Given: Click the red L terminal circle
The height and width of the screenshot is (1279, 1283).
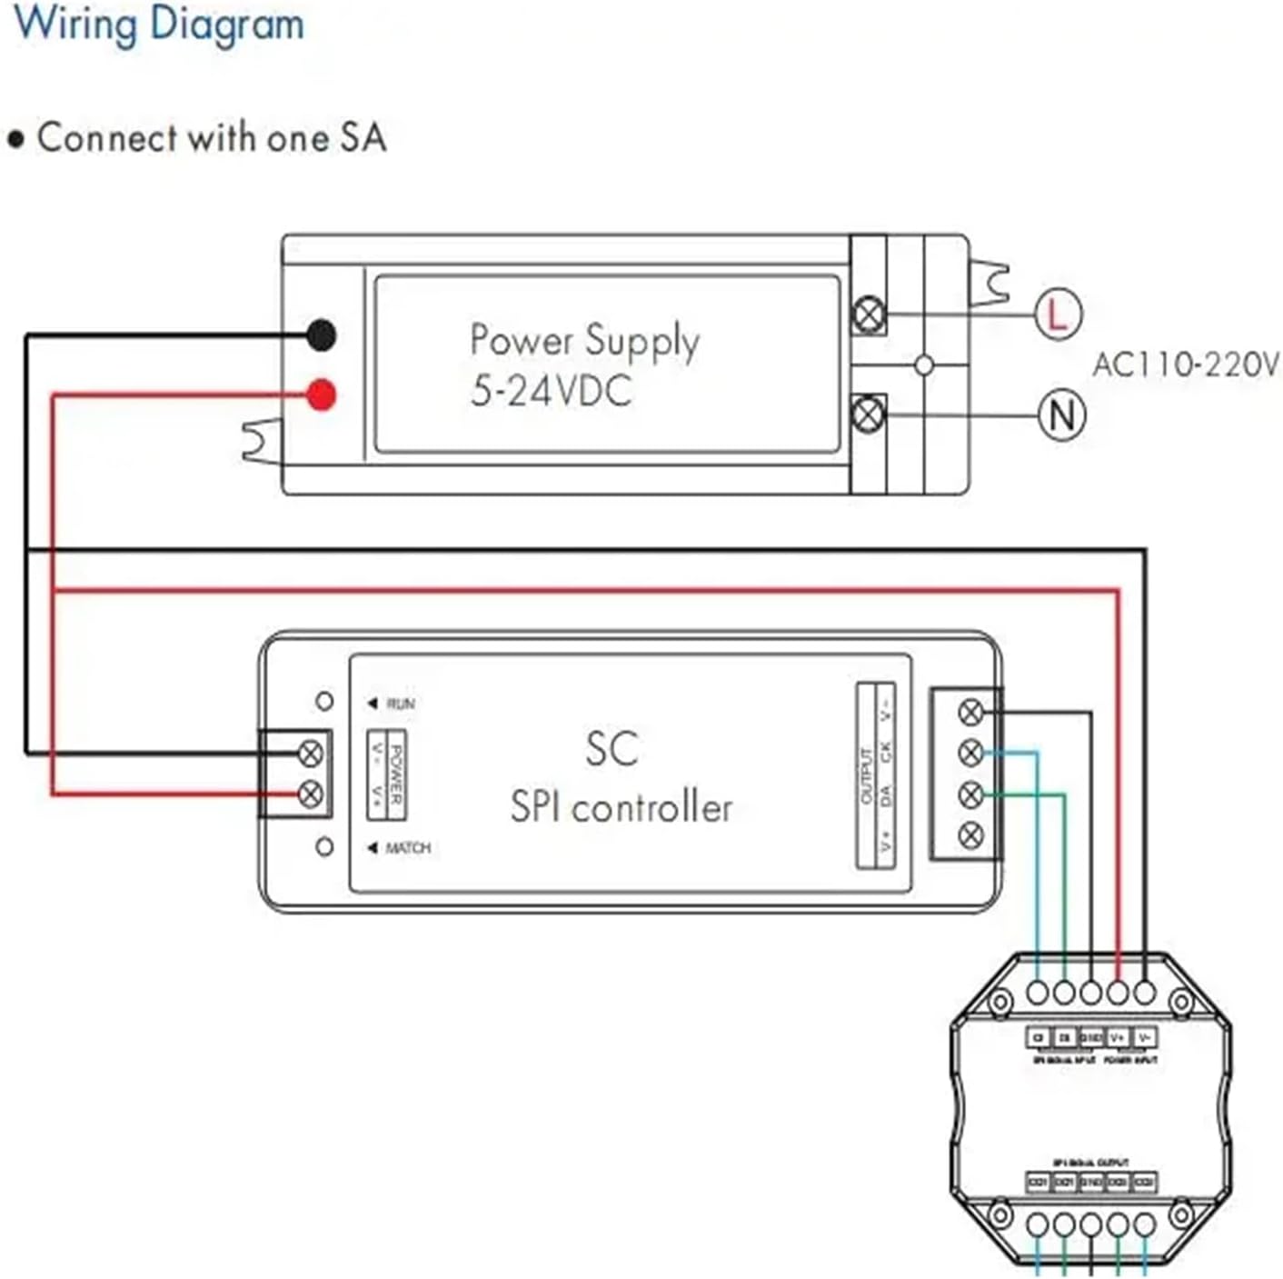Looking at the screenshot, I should click(1058, 315).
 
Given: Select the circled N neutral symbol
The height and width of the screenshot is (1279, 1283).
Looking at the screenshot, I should click(1061, 415).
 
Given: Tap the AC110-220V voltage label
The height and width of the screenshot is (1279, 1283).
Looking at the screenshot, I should click(1185, 365).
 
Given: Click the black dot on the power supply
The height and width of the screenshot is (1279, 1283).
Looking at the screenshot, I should click(321, 335).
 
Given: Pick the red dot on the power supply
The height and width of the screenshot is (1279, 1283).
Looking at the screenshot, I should click(321, 395).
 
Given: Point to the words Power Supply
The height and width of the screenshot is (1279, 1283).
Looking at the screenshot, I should click(584, 341).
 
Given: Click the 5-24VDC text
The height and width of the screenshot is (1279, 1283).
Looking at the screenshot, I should click(551, 391).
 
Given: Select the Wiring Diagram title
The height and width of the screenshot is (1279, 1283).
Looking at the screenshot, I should click(160, 25).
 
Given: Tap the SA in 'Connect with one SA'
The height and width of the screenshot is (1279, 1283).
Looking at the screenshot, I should click(363, 138).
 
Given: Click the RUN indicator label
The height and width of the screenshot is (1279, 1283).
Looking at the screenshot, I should click(400, 704).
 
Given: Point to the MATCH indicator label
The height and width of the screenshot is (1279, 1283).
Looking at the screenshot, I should click(407, 847).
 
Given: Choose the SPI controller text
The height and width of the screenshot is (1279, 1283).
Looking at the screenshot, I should click(621, 807).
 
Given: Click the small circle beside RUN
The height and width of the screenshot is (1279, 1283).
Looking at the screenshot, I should click(324, 701).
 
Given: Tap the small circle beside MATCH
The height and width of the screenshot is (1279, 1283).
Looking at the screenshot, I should click(324, 846).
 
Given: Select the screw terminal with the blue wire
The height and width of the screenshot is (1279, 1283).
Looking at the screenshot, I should click(971, 753).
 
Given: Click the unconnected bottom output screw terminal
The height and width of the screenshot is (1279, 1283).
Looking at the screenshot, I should click(971, 834).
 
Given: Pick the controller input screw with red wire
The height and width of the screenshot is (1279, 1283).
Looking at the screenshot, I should click(311, 794).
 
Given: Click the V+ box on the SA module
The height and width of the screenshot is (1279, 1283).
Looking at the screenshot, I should click(1118, 1037).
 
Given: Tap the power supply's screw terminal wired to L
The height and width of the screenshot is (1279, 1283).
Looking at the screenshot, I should click(869, 315).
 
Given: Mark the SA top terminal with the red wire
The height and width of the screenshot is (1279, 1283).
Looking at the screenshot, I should click(1118, 993).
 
